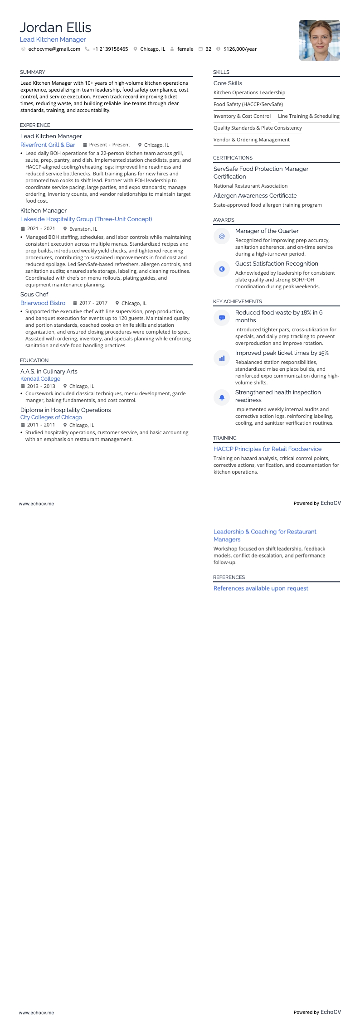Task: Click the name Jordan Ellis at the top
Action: click(x=55, y=28)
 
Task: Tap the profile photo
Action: click(x=319, y=40)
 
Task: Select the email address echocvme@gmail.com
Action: click(x=54, y=49)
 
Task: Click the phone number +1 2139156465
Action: click(x=110, y=49)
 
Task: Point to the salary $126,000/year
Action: click(x=240, y=49)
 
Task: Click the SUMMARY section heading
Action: click(x=33, y=72)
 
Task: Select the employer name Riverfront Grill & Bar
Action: click(x=48, y=145)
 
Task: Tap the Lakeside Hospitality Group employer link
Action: click(x=86, y=219)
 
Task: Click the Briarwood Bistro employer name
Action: click(x=43, y=303)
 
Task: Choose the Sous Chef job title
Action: click(x=34, y=294)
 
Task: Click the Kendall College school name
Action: click(x=40, y=378)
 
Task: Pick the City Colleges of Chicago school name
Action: click(x=51, y=417)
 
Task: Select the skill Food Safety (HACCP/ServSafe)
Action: click(x=248, y=104)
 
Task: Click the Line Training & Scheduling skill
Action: click(x=308, y=116)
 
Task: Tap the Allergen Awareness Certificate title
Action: click(x=255, y=195)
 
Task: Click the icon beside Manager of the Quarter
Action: click(x=222, y=236)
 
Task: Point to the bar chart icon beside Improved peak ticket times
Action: click(x=222, y=358)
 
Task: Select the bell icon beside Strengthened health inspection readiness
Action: click(x=222, y=398)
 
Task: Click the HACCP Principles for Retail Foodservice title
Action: click(x=268, y=449)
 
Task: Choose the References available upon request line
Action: click(x=261, y=588)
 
